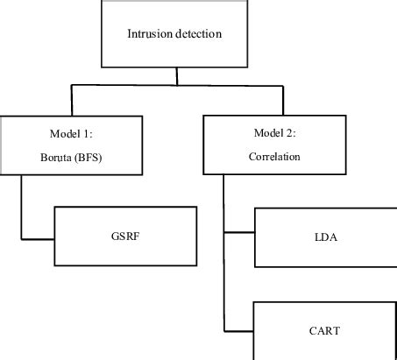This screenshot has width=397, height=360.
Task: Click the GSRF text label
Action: tap(124, 236)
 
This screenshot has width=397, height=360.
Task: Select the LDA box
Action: tap(325, 236)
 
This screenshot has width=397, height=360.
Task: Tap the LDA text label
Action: tap(325, 236)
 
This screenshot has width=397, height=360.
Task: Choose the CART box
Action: tap(325, 330)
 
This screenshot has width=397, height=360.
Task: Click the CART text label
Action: tap(325, 330)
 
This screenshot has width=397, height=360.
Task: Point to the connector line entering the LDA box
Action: tap(239, 233)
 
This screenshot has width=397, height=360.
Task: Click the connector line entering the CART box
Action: tap(239, 330)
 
